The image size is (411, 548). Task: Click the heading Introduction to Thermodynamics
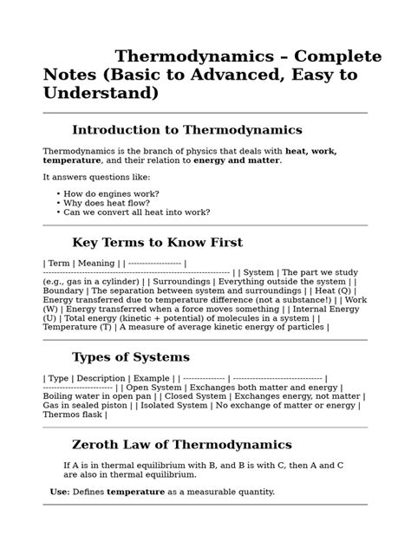coord(186,130)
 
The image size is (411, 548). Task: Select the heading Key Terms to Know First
coord(157,243)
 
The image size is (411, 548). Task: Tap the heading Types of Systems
coord(130,357)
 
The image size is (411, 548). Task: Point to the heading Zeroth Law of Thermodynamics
coord(181,445)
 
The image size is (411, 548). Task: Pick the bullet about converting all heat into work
coord(136,212)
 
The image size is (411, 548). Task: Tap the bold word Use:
coord(60,492)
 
